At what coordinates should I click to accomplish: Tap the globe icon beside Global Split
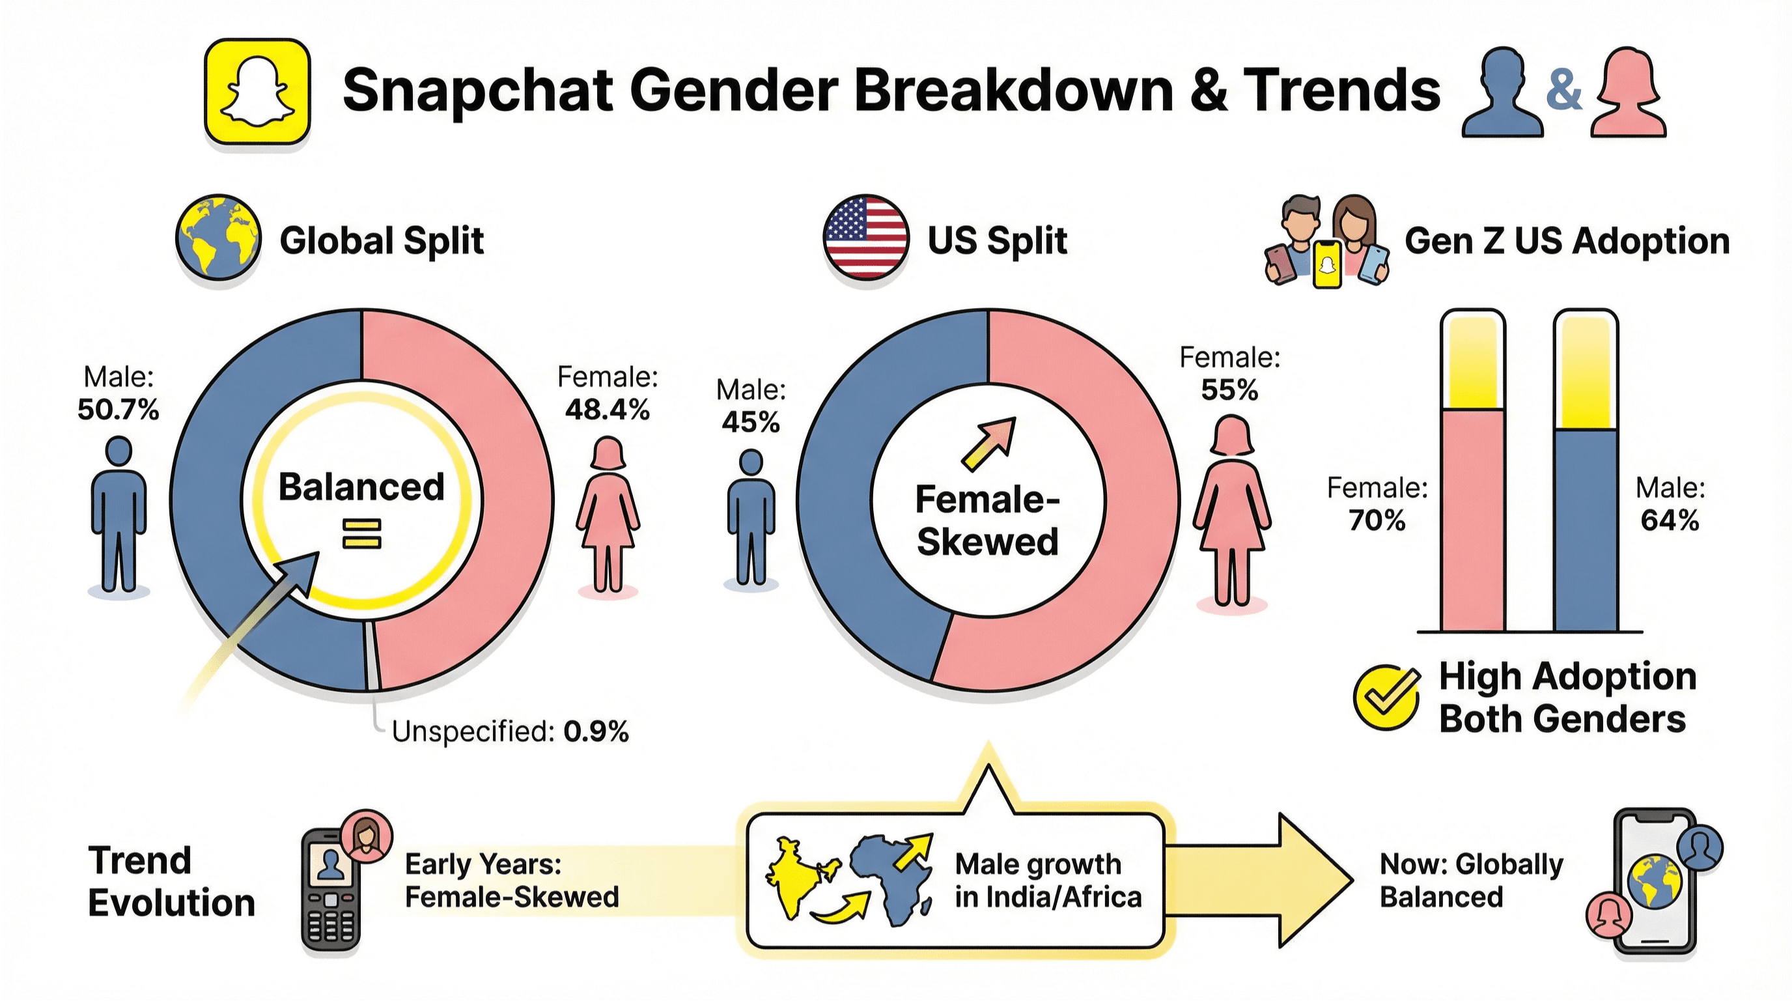(x=218, y=237)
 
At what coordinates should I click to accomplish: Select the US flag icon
(x=865, y=237)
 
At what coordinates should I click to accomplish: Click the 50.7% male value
(x=119, y=410)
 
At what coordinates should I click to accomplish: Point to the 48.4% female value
(x=608, y=410)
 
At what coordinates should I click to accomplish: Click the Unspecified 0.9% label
(x=510, y=731)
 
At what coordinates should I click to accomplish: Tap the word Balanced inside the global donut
(x=361, y=487)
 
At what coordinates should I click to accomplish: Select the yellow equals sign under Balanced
(x=362, y=534)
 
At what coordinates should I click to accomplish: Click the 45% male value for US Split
(x=751, y=422)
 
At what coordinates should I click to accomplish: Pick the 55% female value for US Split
(x=1229, y=390)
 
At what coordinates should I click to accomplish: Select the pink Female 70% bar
(x=1473, y=520)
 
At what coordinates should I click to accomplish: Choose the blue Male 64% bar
(x=1586, y=530)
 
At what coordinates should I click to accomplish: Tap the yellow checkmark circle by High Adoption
(x=1386, y=698)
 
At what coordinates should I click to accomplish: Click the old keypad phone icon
(x=331, y=890)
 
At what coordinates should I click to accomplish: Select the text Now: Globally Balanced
(x=1470, y=881)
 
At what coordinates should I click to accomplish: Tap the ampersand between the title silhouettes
(x=1563, y=92)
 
